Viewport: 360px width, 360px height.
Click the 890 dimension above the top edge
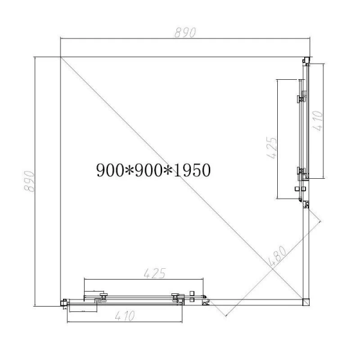[185, 32]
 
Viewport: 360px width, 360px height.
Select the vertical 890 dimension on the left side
[29, 181]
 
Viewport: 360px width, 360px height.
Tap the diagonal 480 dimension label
[278, 256]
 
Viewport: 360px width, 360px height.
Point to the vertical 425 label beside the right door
[272, 148]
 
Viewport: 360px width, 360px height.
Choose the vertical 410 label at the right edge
[317, 121]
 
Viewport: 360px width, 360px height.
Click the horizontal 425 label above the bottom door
[155, 273]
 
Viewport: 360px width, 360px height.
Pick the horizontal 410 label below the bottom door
[125, 316]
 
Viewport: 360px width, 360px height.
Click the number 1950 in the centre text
[192, 170]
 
